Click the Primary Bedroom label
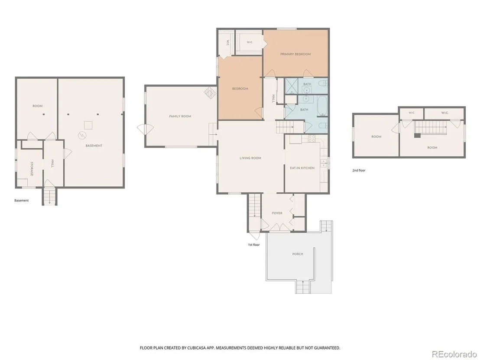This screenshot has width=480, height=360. [295, 54]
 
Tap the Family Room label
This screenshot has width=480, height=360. [180, 117]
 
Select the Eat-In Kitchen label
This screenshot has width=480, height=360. [302, 168]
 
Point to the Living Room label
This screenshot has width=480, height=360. [250, 158]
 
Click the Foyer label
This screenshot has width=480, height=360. [277, 213]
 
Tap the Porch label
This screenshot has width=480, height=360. [298, 254]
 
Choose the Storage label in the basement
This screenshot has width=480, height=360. [32, 169]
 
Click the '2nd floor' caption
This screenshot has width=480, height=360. [359, 171]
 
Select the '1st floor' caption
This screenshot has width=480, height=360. [254, 245]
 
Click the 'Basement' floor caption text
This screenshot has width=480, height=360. [21, 201]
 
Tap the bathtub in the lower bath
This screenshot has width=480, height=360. [322, 106]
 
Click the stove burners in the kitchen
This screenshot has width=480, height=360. [311, 139]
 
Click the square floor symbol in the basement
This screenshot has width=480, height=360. [88, 125]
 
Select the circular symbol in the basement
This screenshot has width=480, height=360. [82, 135]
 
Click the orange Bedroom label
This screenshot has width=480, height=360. [240, 89]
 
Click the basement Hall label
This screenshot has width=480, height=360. [52, 163]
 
